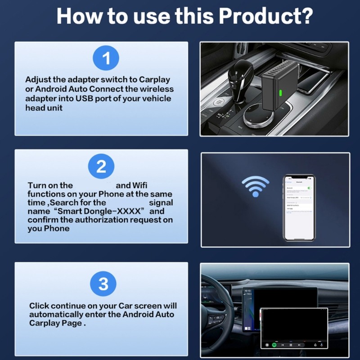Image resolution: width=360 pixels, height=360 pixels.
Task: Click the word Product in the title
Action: [x=265, y=16]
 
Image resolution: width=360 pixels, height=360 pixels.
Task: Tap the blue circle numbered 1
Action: [x=105, y=59]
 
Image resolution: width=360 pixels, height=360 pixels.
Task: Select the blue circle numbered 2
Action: [x=101, y=166]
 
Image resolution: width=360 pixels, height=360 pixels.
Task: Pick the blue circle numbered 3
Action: [x=103, y=284]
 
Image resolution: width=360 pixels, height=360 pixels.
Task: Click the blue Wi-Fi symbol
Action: [x=256, y=185]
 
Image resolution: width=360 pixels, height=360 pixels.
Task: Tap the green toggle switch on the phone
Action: [x=309, y=188]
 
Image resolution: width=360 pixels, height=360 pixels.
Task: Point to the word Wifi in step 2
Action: [x=139, y=185]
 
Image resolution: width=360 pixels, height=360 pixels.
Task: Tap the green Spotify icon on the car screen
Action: [x=274, y=345]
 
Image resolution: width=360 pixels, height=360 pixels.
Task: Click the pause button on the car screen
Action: [x=291, y=345]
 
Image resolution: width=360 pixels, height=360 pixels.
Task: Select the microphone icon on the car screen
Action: [x=322, y=345]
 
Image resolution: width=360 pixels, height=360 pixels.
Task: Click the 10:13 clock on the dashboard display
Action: [x=247, y=291]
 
